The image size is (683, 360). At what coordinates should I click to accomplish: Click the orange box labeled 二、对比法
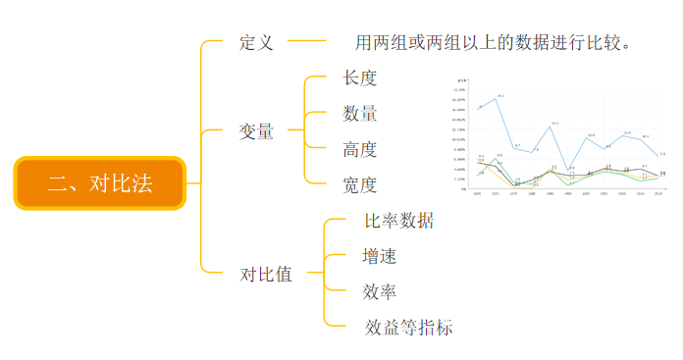tap(99, 182)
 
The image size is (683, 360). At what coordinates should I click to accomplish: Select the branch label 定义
tap(256, 43)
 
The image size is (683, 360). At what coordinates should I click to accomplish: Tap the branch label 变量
tap(256, 130)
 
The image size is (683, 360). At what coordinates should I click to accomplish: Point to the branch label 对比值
tap(266, 274)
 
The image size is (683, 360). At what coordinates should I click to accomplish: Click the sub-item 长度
tap(360, 77)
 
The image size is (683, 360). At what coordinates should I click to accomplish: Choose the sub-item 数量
tap(360, 114)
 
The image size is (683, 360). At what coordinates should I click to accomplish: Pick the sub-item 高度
tap(360, 150)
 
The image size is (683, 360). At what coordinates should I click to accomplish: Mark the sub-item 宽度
tap(360, 184)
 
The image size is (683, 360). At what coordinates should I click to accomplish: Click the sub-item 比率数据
tap(398, 221)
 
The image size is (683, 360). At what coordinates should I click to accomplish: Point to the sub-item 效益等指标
tap(408, 327)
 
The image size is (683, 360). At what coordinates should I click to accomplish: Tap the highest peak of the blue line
tap(499, 98)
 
